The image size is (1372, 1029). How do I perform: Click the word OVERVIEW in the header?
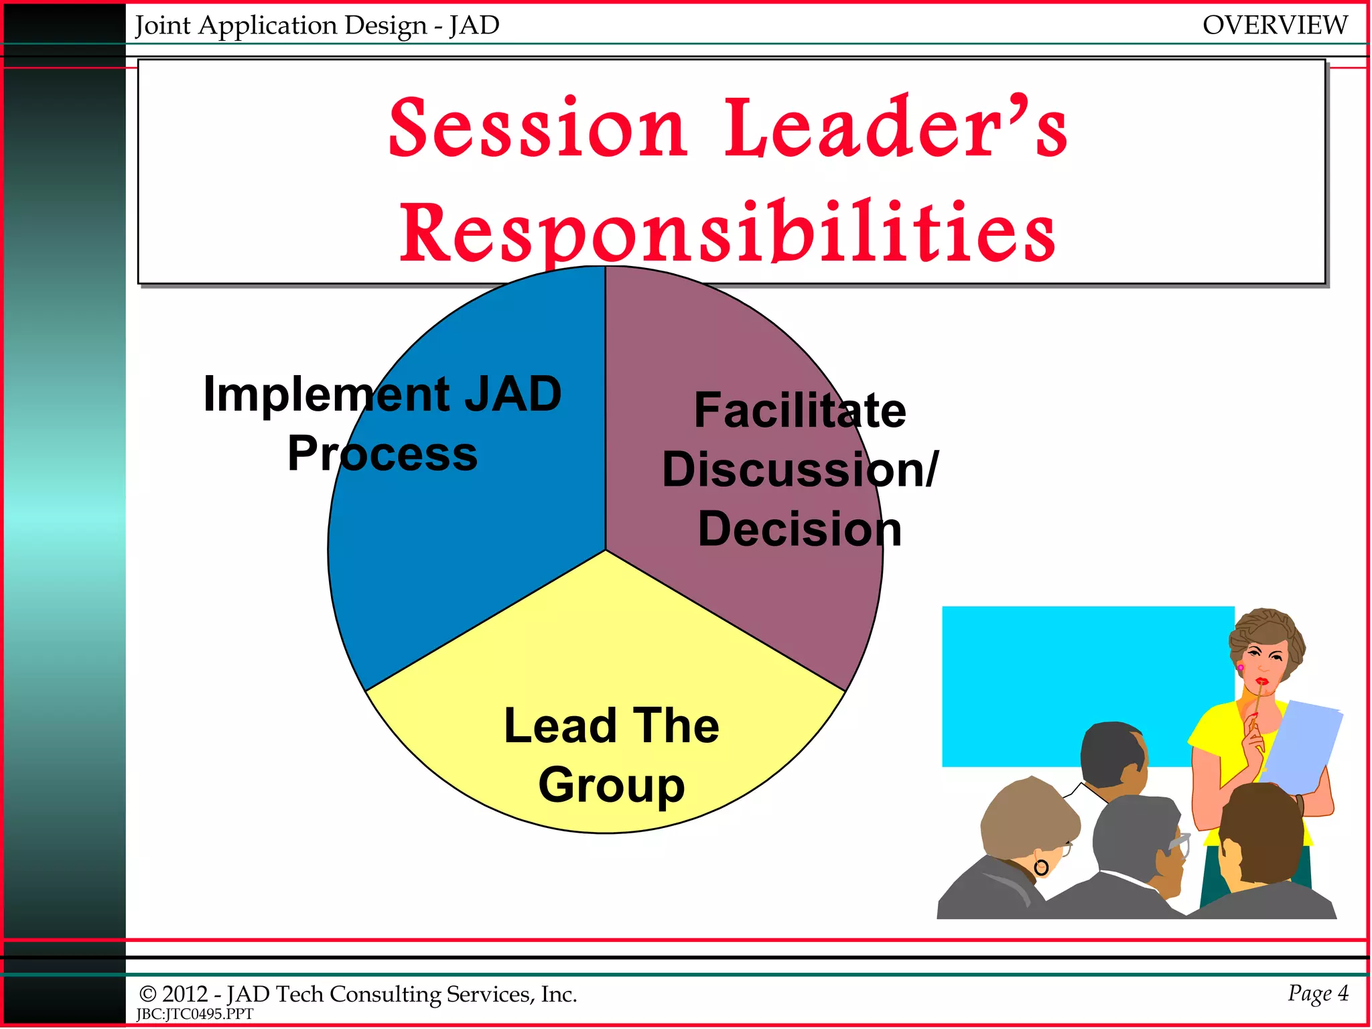click(x=1274, y=25)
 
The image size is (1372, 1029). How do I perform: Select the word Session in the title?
click(x=538, y=129)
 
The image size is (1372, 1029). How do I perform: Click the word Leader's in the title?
click(x=896, y=129)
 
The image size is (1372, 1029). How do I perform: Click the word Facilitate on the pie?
click(x=799, y=410)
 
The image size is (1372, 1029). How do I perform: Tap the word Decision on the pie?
click(x=799, y=529)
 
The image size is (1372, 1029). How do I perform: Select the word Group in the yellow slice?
click(x=611, y=785)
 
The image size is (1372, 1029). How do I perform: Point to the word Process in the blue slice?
click(x=383, y=454)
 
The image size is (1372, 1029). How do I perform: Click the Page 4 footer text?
click(x=1317, y=993)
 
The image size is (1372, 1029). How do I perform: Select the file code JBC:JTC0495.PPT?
click(x=195, y=1014)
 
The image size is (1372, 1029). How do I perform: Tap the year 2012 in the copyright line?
click(x=185, y=994)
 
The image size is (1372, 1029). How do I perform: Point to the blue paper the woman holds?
click(x=1303, y=744)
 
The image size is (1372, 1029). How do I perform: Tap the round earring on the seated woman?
click(x=1041, y=868)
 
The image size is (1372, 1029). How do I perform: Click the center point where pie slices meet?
click(x=606, y=551)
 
